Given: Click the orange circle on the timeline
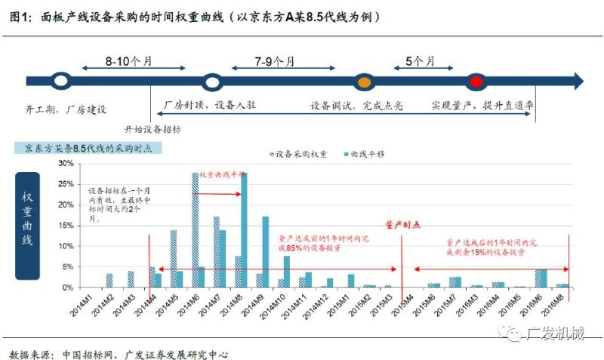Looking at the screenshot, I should click(x=363, y=81).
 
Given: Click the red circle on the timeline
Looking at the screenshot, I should click(x=476, y=81).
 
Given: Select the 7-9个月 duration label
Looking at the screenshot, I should click(x=276, y=60).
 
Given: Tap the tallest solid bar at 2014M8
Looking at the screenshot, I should click(x=244, y=229).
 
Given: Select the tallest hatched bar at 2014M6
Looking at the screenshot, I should click(x=195, y=229).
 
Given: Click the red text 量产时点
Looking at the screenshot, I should click(x=404, y=224).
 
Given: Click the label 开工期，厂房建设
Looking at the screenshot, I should click(x=64, y=109).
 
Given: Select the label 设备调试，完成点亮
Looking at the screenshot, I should click(x=356, y=106).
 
